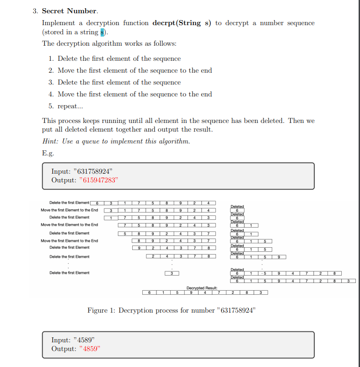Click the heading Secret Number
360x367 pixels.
click(x=70, y=11)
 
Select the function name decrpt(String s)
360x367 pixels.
click(x=181, y=23)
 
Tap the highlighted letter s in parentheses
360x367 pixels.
click(x=103, y=32)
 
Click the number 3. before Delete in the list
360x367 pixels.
click(x=51, y=82)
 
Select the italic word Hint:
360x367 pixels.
click(x=51, y=141)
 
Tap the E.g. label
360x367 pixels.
click(x=48, y=153)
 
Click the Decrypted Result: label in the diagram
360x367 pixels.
click(x=202, y=287)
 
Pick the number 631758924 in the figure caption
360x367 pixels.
click(x=237, y=310)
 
